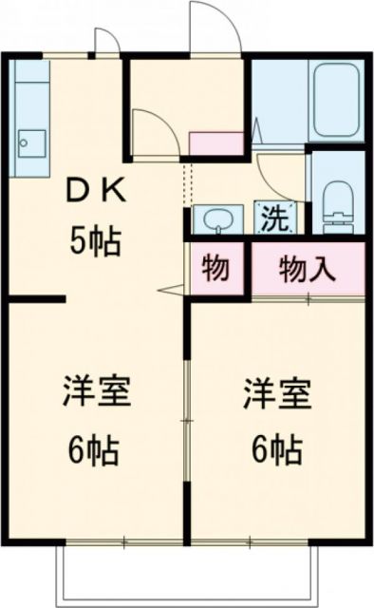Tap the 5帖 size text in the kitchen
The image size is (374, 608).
(96, 243)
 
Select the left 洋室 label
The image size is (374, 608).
(96, 392)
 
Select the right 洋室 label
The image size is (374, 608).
(277, 392)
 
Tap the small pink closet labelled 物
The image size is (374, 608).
(217, 270)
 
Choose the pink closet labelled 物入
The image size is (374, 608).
(308, 270)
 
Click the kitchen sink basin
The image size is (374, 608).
(29, 142)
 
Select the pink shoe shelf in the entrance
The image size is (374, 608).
(216, 143)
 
